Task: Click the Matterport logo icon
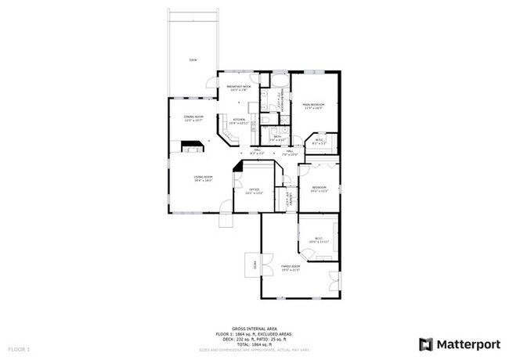tap(426, 344)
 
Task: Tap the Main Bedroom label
tap(313, 106)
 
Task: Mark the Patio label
tap(255, 265)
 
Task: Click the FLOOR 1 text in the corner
tap(19, 347)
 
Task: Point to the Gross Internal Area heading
tap(254, 329)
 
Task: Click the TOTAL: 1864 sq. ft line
tap(254, 343)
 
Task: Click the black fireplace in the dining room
tap(193, 145)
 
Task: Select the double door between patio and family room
tap(266, 265)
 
